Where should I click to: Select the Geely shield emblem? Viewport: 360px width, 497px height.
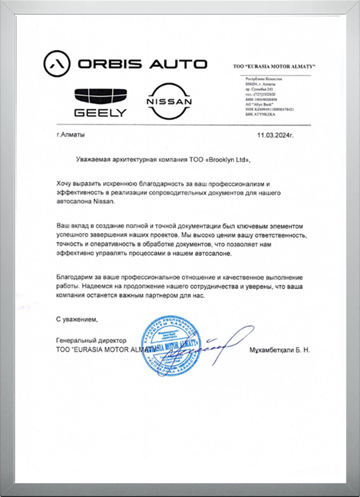(x=101, y=95)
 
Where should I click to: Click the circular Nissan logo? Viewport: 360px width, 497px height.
(x=168, y=101)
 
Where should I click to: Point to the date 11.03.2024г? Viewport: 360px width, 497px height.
(x=275, y=135)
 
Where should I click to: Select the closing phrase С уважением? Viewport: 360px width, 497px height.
(x=77, y=319)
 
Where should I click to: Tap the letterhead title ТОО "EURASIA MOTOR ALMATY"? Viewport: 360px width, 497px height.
(x=274, y=67)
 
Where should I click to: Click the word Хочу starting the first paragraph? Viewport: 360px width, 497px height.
(x=65, y=183)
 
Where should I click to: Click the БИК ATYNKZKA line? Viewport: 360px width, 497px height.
(x=261, y=114)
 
